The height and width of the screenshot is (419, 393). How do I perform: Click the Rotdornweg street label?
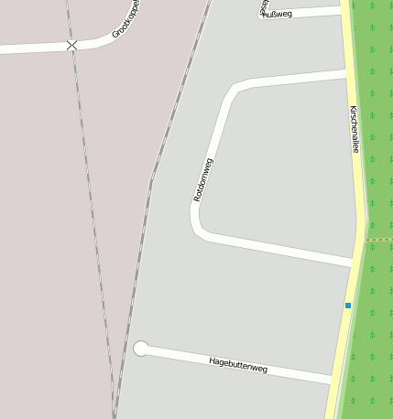(x=203, y=179)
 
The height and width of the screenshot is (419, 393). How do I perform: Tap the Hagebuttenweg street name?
(x=238, y=365)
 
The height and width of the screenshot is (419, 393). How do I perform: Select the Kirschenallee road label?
(x=354, y=129)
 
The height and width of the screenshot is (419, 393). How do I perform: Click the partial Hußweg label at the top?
(x=277, y=14)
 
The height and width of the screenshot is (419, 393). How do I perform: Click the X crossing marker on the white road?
(x=71, y=45)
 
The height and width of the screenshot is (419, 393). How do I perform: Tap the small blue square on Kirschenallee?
(x=348, y=305)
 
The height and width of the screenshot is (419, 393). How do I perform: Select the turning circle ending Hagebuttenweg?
(x=141, y=348)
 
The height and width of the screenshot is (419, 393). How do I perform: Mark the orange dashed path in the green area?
(x=379, y=240)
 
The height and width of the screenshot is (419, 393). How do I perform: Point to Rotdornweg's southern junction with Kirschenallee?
(x=352, y=263)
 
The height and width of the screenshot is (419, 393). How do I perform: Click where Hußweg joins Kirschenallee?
(x=344, y=10)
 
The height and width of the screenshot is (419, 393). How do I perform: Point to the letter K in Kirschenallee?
(x=353, y=109)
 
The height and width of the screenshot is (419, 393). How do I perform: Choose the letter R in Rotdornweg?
(x=197, y=198)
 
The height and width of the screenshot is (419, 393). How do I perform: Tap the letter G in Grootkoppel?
(x=115, y=35)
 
